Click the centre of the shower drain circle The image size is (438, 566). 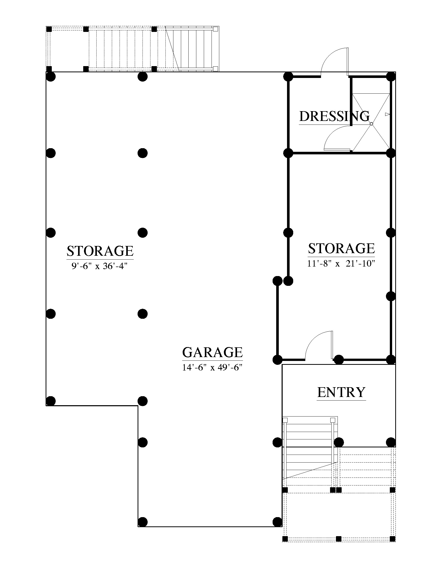[371, 124]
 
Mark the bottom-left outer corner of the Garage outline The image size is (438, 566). [138, 526]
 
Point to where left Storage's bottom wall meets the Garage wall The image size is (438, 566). [138, 405]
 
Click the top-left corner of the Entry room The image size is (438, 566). [282, 365]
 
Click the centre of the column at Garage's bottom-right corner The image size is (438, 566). [277, 521]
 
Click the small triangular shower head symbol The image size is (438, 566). [388, 114]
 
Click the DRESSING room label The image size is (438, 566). [334, 116]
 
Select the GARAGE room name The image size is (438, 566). [213, 352]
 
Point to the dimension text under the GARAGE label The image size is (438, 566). [212, 367]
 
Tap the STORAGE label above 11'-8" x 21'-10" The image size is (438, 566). [341, 248]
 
